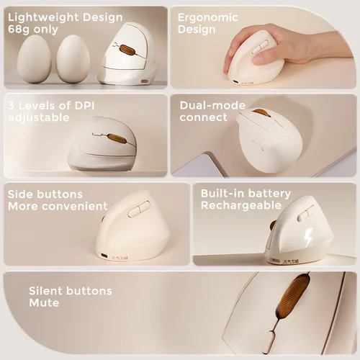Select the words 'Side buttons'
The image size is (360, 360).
(x=45, y=194)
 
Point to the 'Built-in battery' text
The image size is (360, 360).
(x=246, y=194)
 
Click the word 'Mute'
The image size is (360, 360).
(x=44, y=303)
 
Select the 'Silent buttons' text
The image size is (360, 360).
(x=71, y=291)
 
